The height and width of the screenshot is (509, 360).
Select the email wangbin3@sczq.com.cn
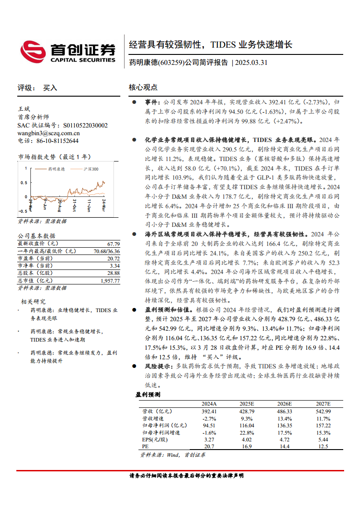49,133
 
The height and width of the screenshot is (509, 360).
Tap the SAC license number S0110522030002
85,126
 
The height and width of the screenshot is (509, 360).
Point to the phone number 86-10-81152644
54,141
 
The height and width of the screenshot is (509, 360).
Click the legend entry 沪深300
91,169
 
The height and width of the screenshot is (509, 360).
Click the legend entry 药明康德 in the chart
57,169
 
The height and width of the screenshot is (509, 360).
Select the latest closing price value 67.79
113,244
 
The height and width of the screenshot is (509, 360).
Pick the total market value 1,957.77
110,281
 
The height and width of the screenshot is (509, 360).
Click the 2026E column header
285,404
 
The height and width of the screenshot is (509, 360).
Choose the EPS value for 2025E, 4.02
247,440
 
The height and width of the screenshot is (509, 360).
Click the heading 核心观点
143,87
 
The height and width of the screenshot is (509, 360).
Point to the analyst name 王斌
23,109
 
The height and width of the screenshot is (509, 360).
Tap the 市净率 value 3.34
114,266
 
